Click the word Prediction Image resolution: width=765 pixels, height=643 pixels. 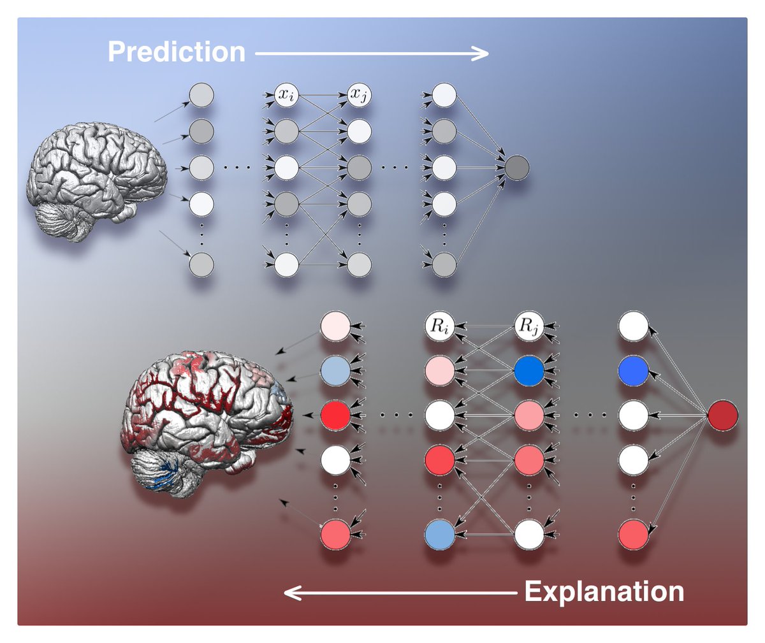coord(177,52)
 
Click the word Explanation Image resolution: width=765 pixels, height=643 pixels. coord(604,591)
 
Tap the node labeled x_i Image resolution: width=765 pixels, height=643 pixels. coord(286,96)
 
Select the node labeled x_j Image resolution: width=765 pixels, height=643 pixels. coord(359,96)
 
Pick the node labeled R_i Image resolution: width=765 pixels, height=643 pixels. coord(440,327)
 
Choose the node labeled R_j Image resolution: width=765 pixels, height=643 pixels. coord(529,327)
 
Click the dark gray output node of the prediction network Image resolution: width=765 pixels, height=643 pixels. coord(516,168)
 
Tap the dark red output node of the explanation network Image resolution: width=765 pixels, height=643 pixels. coord(722,415)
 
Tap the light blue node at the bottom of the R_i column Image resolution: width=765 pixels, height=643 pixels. coord(440,534)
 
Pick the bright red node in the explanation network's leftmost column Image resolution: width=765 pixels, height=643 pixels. coord(336,415)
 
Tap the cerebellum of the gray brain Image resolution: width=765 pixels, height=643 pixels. coord(64,220)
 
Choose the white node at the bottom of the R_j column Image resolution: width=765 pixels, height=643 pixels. coord(529,534)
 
